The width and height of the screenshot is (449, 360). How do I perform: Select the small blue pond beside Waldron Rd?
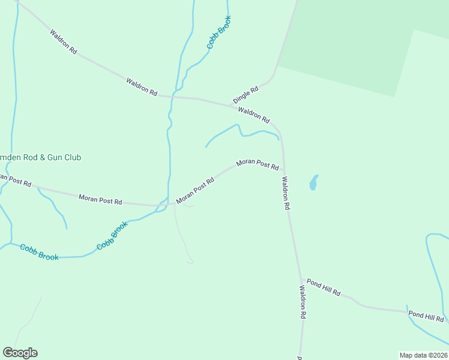coord(313,182)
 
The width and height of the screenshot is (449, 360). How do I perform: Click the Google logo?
coord(20,353)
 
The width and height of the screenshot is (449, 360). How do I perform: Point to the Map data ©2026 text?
coord(423,355)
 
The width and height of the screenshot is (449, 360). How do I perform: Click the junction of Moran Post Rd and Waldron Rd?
coord(283,170)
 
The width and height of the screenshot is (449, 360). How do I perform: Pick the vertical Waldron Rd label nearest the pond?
coord(286,193)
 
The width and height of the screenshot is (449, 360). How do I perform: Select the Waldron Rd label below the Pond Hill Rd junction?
coord(303,302)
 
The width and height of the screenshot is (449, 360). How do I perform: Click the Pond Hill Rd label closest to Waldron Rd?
coord(324,287)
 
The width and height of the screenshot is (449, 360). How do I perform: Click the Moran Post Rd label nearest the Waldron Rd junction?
coord(258,164)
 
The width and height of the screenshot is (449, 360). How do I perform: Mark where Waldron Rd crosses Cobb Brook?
coord(173,95)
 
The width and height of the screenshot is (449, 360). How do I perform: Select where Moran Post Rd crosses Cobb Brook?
coord(163,204)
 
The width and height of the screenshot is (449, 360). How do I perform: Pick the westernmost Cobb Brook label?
coord(40,252)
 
